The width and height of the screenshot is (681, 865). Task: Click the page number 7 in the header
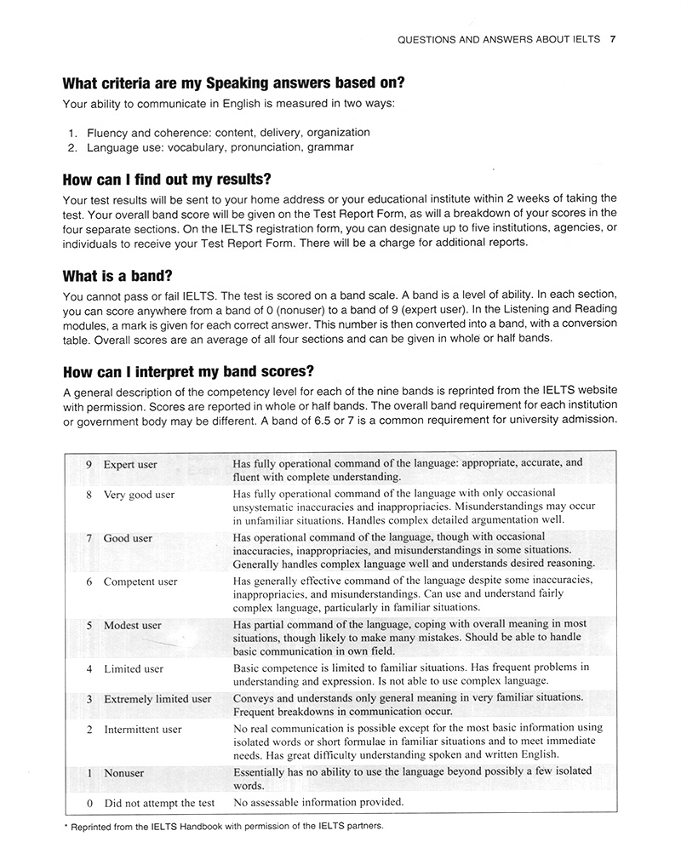(614, 39)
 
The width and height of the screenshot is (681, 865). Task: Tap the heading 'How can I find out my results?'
(167, 180)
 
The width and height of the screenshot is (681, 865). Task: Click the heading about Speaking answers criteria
(233, 83)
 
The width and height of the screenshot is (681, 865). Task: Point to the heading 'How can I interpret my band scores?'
(188, 373)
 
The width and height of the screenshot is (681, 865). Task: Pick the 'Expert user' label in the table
(130, 465)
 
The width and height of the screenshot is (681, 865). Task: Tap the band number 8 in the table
(89, 495)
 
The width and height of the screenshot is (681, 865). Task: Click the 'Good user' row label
(128, 538)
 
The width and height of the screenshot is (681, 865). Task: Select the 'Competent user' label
(140, 582)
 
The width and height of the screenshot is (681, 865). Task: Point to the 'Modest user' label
(132, 626)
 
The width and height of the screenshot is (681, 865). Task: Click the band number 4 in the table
(89, 669)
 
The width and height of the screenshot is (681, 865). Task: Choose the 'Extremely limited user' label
(157, 699)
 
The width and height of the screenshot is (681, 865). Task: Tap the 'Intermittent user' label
(142, 730)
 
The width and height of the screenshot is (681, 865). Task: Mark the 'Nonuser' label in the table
(123, 773)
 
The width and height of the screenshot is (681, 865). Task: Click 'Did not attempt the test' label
(159, 803)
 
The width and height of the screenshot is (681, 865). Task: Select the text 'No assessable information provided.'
(318, 802)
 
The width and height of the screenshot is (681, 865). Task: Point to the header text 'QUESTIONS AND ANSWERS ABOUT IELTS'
(499, 39)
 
